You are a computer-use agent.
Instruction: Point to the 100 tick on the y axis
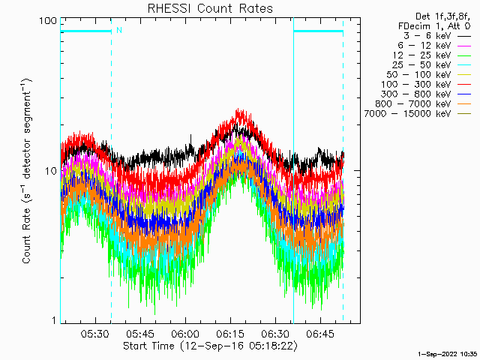point(49,20)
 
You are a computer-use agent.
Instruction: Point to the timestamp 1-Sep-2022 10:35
point(447,352)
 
